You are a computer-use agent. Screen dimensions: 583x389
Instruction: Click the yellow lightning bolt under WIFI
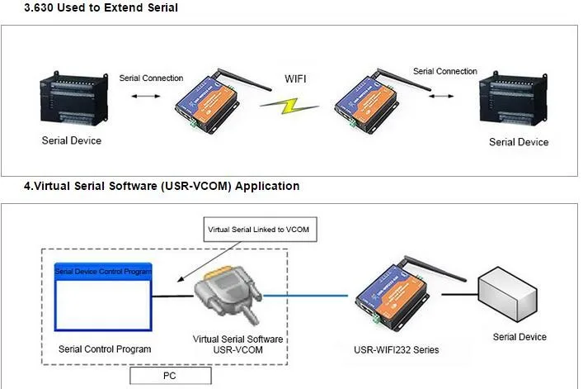(x=289, y=106)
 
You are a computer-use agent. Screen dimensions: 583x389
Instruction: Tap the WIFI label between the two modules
(x=295, y=79)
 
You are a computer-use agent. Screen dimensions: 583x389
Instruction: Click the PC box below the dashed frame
(x=171, y=376)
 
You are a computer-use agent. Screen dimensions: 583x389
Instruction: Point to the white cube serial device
(x=507, y=294)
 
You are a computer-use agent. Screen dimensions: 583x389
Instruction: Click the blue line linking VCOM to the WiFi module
(x=305, y=296)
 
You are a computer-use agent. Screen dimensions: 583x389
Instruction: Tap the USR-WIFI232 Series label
(x=397, y=350)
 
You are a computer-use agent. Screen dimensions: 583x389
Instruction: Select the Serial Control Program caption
(x=105, y=349)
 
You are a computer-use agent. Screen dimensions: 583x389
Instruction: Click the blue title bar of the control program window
(x=103, y=272)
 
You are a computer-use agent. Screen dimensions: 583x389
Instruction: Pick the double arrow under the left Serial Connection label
(x=146, y=96)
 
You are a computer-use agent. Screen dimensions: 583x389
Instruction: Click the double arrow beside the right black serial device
(x=441, y=96)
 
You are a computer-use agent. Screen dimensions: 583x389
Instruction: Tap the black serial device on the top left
(x=74, y=98)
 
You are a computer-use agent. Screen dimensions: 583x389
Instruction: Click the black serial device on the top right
(x=513, y=98)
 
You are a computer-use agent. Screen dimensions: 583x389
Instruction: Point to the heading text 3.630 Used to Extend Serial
(x=101, y=7)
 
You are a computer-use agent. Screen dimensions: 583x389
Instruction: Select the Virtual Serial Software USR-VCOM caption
(x=238, y=344)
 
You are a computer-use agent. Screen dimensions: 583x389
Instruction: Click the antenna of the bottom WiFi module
(x=435, y=268)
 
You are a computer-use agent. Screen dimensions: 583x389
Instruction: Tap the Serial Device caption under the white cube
(x=520, y=337)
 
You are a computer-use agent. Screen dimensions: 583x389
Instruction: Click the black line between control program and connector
(x=173, y=296)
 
